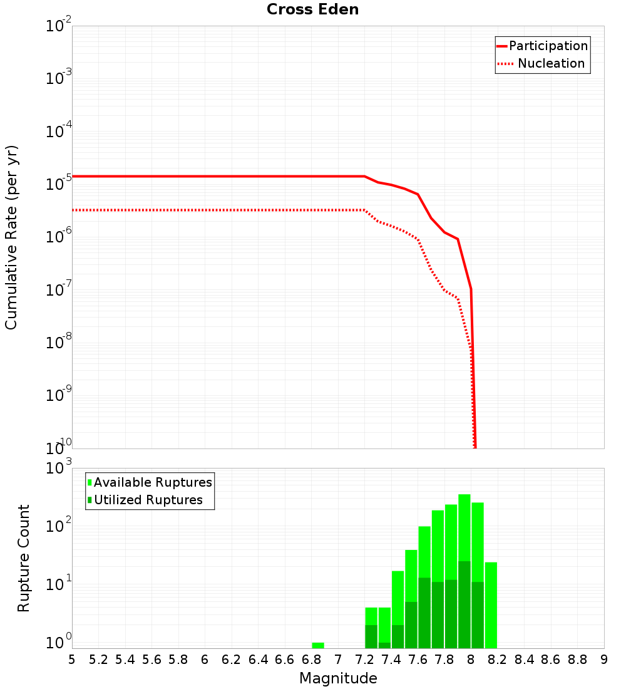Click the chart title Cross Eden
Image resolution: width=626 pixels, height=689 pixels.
pos(312,10)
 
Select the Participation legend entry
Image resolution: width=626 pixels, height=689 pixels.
pos(548,46)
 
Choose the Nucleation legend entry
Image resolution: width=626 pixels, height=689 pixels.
pos(551,64)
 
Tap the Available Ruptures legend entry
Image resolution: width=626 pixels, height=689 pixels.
pos(152,482)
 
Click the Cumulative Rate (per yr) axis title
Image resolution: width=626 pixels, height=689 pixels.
pos(11,237)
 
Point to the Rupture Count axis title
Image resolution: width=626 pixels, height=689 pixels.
pos(24,557)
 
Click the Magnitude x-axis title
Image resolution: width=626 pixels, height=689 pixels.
pos(338,678)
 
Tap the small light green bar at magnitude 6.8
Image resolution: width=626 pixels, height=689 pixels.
pos(318,645)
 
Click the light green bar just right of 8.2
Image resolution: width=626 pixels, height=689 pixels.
pos(491,604)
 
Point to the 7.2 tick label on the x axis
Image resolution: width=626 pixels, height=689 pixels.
pos(364,659)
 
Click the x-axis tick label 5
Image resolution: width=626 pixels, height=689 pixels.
pos(71,659)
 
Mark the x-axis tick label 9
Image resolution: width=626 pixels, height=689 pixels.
pos(604,659)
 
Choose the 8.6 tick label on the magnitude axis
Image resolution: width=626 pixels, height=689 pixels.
pos(551,659)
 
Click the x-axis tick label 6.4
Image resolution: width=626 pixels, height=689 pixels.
pos(258,659)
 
